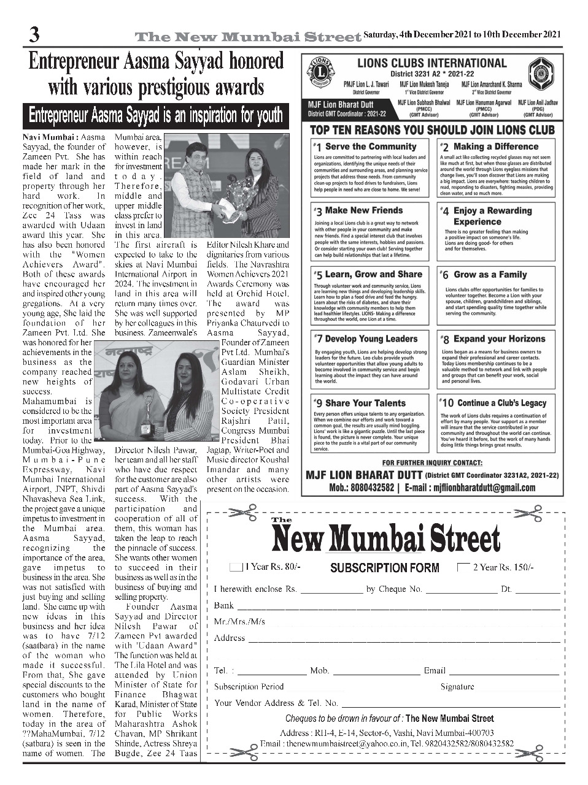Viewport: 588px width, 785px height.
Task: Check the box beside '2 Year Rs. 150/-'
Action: pyautogui.click(x=463, y=567)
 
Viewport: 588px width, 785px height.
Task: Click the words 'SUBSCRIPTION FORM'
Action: pyautogui.click(x=384, y=568)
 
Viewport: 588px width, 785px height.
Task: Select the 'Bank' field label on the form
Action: pyautogui.click(x=223, y=605)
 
